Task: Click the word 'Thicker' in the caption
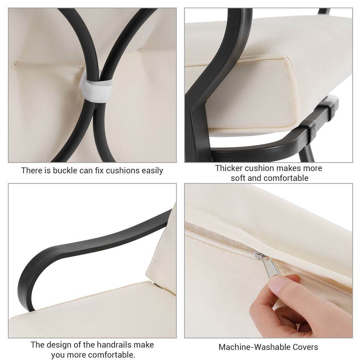229,168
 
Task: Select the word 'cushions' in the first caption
123,171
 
